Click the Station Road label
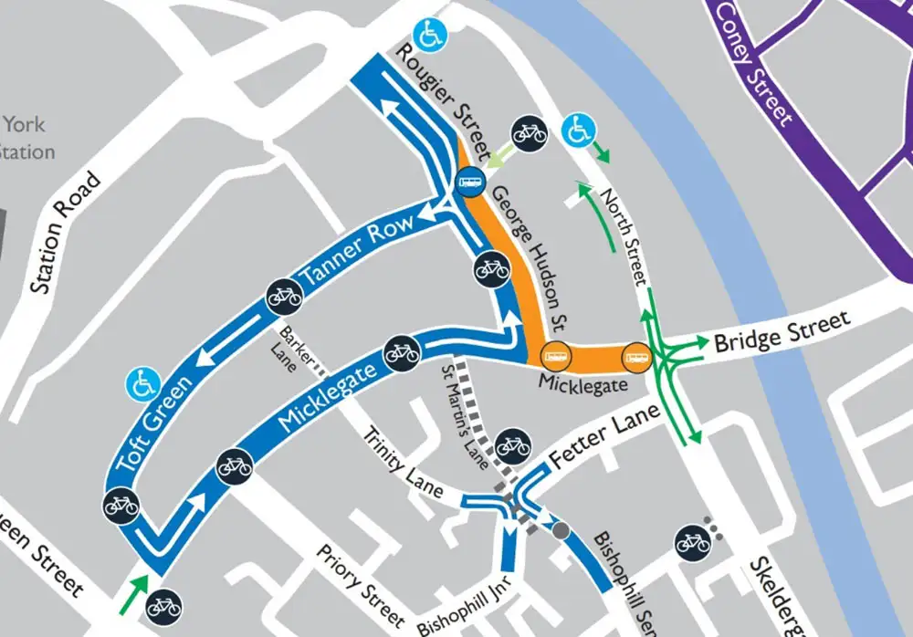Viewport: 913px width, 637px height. [x=65, y=234]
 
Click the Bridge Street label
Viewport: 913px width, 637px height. [x=782, y=331]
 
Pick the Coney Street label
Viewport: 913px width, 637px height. [x=753, y=62]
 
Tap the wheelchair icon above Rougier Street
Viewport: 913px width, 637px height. [x=427, y=34]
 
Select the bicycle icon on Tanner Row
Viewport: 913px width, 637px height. [x=284, y=296]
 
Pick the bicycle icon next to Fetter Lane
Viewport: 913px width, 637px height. [x=511, y=446]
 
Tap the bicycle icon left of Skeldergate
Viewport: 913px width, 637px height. [x=693, y=542]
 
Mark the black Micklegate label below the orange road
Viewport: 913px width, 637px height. [x=582, y=385]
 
